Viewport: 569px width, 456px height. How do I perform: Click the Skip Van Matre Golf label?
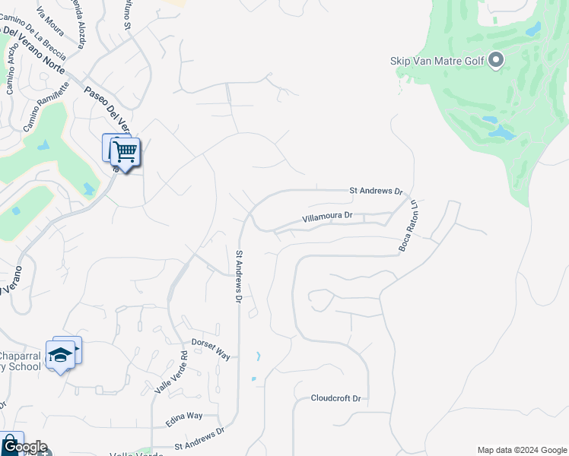click(437, 61)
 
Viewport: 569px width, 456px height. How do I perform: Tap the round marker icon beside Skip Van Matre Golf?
click(496, 60)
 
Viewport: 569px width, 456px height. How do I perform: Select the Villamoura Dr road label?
click(327, 217)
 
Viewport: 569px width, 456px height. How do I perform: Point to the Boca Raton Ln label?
click(409, 226)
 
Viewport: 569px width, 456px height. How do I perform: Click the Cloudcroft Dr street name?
click(335, 398)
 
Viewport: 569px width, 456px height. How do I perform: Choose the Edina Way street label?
click(184, 416)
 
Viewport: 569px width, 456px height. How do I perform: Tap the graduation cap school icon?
click(60, 354)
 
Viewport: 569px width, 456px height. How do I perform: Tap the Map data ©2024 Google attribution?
click(522, 450)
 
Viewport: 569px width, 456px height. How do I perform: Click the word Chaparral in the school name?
click(22, 357)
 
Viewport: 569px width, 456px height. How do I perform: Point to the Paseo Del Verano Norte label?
click(33, 46)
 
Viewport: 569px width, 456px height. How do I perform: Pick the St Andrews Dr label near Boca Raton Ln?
click(375, 191)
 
